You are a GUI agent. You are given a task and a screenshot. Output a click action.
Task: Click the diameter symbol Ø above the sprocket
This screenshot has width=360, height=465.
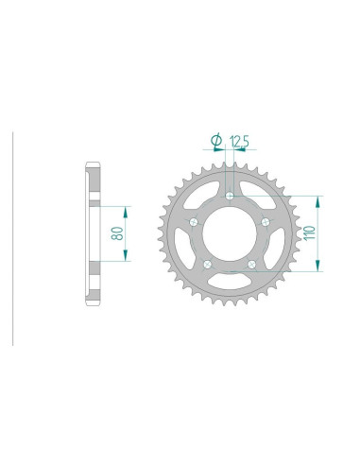(x=215, y=142)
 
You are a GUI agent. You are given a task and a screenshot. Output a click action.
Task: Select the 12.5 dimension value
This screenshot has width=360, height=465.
(x=239, y=142)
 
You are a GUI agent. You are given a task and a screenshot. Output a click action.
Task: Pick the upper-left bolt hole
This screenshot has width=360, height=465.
(x=194, y=222)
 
